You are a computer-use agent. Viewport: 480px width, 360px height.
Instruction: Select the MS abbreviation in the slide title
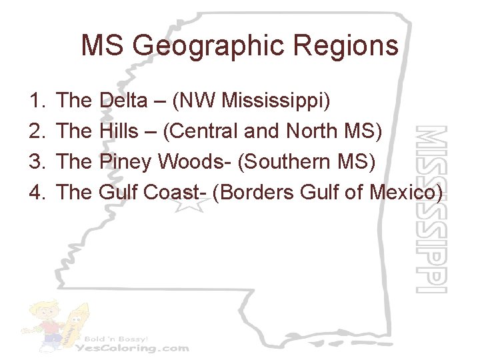[x=103, y=46]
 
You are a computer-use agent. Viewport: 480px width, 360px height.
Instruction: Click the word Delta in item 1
[x=123, y=101]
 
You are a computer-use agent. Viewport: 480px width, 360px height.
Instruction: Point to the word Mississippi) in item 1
[x=276, y=101]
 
